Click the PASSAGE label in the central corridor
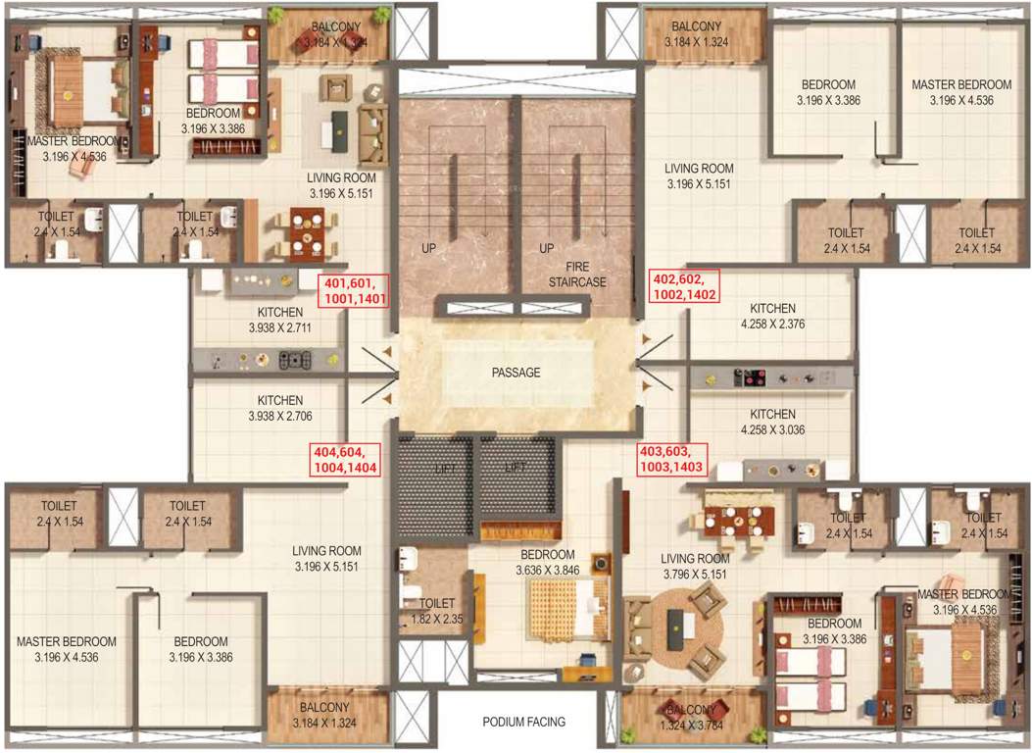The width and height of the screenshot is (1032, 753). pyautogui.click(x=516, y=373)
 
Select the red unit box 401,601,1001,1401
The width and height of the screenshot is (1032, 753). pyautogui.click(x=355, y=291)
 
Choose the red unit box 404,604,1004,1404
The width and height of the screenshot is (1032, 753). pyautogui.click(x=345, y=460)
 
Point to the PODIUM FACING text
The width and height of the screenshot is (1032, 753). pyautogui.click(x=523, y=723)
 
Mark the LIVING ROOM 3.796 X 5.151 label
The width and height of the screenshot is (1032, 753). pyautogui.click(x=697, y=566)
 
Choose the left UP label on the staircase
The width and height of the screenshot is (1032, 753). pyautogui.click(x=428, y=249)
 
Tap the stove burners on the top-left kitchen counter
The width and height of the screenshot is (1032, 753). pyautogui.click(x=293, y=360)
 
